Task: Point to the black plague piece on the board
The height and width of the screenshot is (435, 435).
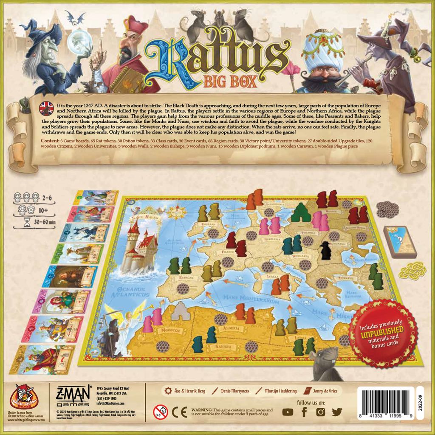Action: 326,251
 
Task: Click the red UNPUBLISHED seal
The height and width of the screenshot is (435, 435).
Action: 382,333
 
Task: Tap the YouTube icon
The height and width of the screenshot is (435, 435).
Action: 288,412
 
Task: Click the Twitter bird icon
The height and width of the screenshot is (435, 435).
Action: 337,412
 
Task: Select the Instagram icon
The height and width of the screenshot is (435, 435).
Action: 321,412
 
